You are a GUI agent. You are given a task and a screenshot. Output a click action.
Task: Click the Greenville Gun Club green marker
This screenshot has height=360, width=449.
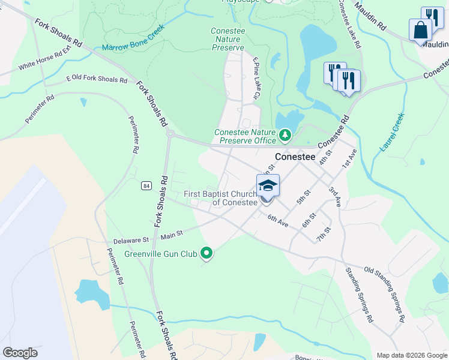(207, 254)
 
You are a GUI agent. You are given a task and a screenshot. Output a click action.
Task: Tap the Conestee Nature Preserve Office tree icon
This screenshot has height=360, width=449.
(286, 136)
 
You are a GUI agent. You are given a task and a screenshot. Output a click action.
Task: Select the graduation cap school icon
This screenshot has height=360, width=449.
(268, 185)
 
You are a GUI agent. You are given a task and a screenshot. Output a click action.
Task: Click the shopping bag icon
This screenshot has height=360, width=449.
(420, 29)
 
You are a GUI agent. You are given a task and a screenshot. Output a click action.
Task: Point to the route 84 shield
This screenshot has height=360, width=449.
(146, 187)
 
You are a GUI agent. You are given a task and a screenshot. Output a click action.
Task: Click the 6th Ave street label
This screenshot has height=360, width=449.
(278, 221)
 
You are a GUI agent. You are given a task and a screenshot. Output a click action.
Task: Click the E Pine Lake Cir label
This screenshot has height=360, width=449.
(257, 77)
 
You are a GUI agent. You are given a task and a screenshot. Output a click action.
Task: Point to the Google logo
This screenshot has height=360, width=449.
(20, 352)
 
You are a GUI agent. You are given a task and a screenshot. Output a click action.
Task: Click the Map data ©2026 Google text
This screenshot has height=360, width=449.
(412, 355)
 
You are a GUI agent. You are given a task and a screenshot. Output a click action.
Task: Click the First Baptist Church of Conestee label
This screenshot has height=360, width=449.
(220, 198)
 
